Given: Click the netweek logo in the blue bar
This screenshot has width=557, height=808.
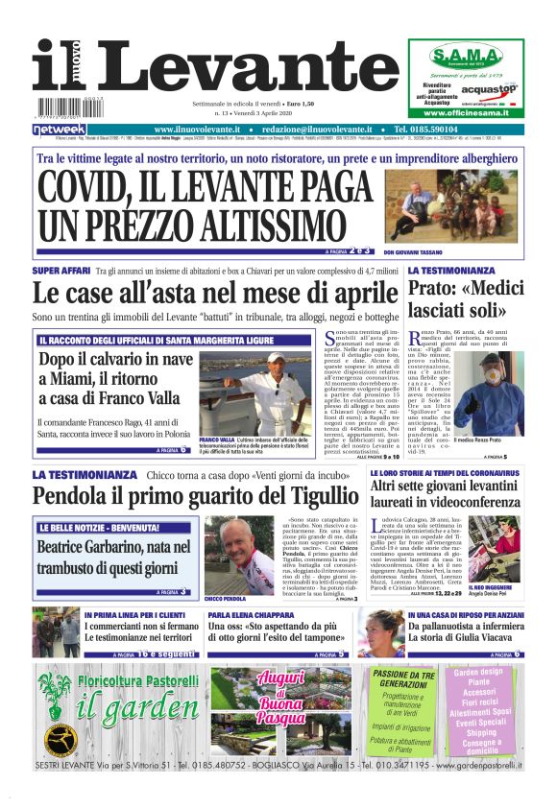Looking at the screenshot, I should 60,129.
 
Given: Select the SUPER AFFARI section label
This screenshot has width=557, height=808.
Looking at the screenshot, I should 61,272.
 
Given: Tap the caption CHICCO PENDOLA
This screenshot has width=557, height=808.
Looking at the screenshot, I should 226,598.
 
